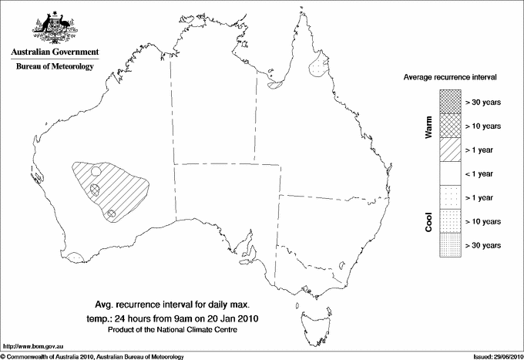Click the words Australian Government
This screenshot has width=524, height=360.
tap(54, 52)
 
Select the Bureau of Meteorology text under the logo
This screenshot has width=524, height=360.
tap(54, 66)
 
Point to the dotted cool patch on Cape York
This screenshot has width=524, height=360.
tap(317, 66)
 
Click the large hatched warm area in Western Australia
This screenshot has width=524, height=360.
tap(116, 185)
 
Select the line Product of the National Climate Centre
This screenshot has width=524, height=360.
tap(182, 330)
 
